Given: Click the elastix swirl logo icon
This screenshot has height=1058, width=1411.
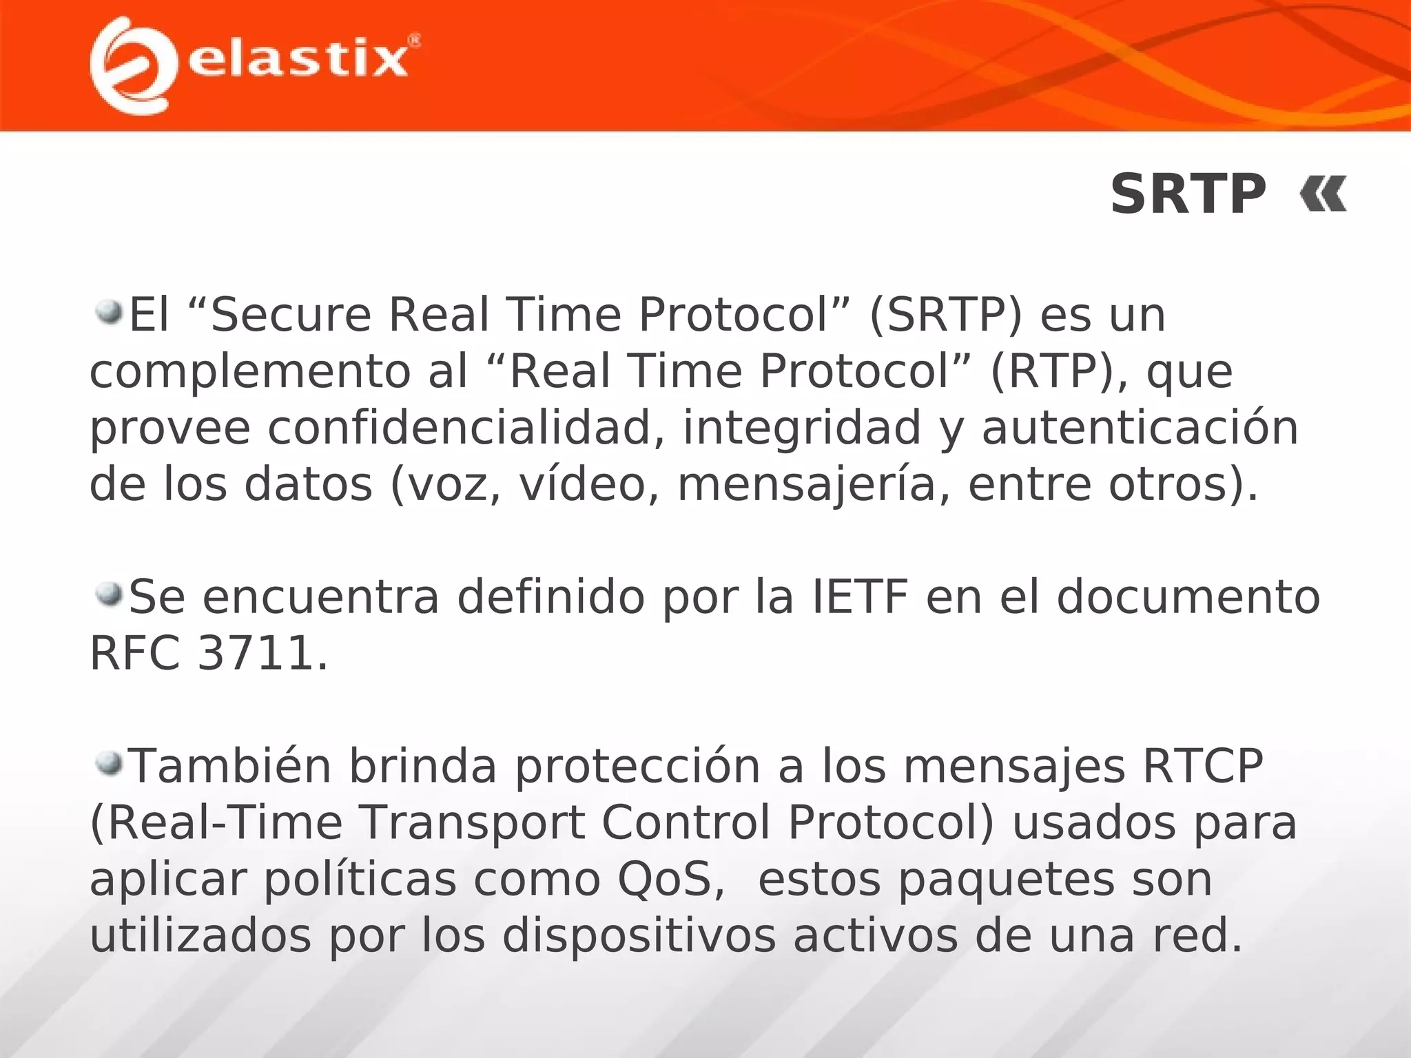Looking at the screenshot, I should (131, 65).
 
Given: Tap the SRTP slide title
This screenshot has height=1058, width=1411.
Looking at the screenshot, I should (1188, 195).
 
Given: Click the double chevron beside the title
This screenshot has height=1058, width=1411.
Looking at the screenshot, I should (1323, 195).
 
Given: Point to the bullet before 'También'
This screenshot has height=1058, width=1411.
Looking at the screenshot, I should (108, 763).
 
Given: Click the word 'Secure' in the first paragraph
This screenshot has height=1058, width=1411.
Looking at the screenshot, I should (291, 315).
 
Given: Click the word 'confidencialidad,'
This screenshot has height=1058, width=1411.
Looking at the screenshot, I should (466, 428).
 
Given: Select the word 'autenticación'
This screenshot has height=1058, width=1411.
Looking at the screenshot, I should (1140, 428).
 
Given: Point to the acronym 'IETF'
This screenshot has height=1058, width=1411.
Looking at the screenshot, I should (860, 597).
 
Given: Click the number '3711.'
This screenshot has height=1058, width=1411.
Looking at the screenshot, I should (262, 654).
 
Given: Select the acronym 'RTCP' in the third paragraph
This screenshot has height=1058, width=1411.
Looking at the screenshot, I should (1203, 767).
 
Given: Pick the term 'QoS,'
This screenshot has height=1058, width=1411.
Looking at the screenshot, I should (671, 880).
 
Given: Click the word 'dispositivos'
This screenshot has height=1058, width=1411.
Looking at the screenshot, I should (639, 936).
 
